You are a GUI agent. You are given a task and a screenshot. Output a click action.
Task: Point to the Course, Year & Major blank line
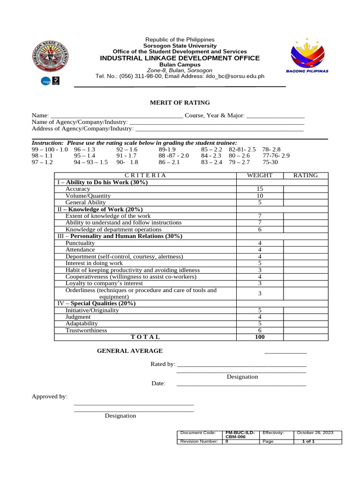click(x=275, y=115)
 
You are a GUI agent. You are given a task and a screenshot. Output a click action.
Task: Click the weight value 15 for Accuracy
click(x=259, y=189)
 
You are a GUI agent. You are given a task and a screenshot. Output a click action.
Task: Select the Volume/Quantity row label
click(x=88, y=195)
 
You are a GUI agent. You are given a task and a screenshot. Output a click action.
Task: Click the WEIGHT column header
click(x=259, y=175)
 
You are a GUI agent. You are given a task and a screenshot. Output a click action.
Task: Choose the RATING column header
click(x=305, y=175)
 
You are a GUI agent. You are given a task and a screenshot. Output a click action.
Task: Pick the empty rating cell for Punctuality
click(x=305, y=243)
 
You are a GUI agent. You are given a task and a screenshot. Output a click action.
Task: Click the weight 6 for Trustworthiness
click(x=259, y=330)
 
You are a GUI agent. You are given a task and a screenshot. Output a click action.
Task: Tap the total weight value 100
click(x=259, y=337)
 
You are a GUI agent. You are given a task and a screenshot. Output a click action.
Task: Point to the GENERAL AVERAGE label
click(x=130, y=351)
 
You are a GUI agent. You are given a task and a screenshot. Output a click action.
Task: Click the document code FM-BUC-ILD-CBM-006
click(x=240, y=435)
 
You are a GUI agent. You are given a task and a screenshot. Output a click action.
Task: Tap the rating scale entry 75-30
click(x=270, y=162)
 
